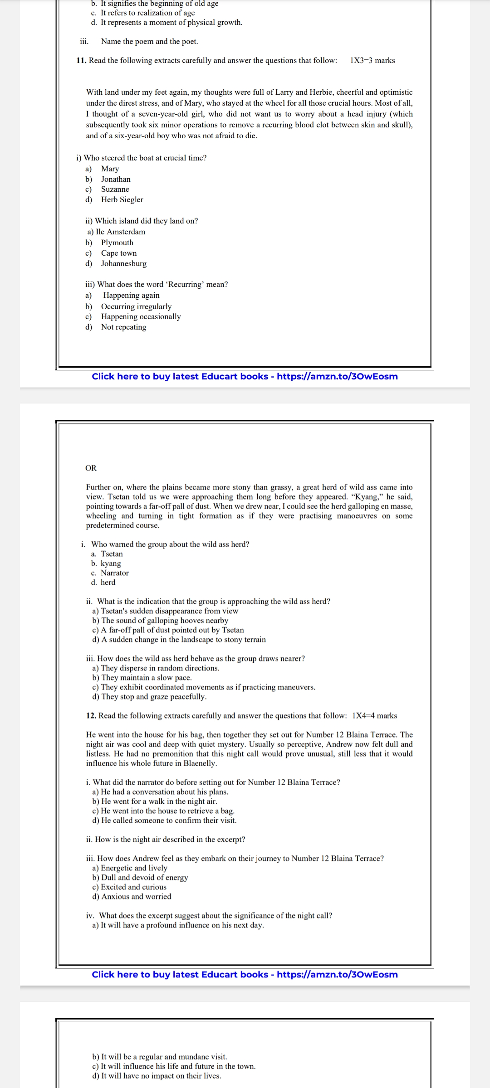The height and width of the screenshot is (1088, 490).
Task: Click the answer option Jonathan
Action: click(x=116, y=179)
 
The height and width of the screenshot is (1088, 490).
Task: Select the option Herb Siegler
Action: click(x=122, y=199)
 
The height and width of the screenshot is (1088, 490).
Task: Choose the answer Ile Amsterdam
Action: click(x=120, y=232)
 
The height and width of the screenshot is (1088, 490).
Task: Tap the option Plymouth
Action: click(x=117, y=243)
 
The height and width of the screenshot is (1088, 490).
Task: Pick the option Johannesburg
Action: click(x=123, y=263)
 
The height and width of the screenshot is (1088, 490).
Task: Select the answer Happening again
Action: click(x=131, y=295)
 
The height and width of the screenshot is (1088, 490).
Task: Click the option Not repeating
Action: click(x=123, y=327)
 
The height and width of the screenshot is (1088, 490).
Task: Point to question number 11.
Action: click(x=81, y=60)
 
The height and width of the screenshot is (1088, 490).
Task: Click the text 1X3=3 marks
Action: click(x=372, y=60)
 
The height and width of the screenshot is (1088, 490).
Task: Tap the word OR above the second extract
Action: click(x=91, y=468)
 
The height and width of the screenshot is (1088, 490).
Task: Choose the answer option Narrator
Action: click(x=114, y=573)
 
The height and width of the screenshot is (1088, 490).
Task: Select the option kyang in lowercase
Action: click(x=111, y=563)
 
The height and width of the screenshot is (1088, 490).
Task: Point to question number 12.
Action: click(x=91, y=715)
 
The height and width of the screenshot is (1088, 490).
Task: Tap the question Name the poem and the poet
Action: click(x=149, y=41)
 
